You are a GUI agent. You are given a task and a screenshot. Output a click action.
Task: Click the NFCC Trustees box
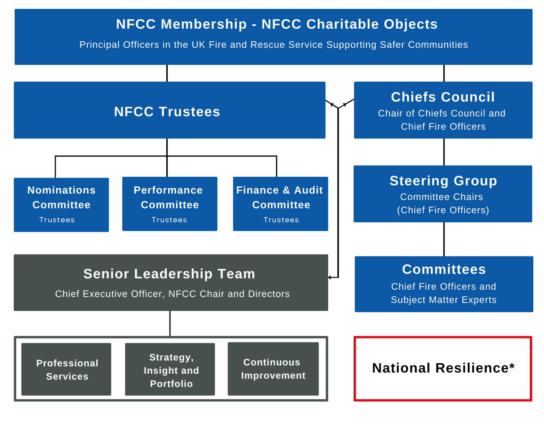click(169, 110)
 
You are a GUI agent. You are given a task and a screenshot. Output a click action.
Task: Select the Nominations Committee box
click(61, 205)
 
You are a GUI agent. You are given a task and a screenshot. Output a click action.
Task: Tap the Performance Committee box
click(170, 204)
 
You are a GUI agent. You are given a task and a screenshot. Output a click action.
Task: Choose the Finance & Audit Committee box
click(280, 204)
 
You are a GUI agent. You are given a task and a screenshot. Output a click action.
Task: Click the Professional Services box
click(66, 369)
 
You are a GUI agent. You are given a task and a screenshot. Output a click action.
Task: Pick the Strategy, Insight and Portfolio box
click(170, 369)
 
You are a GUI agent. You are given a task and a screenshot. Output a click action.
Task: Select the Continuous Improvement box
click(273, 369)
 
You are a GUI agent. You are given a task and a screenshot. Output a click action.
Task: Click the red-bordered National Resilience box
click(443, 369)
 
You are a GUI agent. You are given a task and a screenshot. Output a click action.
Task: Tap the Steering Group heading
click(443, 181)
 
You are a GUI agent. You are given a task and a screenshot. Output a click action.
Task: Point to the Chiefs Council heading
click(443, 97)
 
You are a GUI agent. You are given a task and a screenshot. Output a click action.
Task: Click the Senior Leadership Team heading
click(169, 274)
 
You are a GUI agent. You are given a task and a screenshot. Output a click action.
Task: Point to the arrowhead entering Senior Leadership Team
click(330, 277)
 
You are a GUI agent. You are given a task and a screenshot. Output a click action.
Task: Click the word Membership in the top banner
click(204, 24)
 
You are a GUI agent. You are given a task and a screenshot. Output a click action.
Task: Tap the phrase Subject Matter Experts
click(444, 300)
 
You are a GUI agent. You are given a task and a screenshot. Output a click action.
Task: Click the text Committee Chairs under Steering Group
click(441, 197)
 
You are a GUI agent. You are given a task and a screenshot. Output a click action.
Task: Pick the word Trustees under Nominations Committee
click(57, 220)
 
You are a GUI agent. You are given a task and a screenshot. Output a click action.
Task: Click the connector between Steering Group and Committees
click(444, 239)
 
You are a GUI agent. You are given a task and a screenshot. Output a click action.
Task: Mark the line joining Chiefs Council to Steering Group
click(444, 152)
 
